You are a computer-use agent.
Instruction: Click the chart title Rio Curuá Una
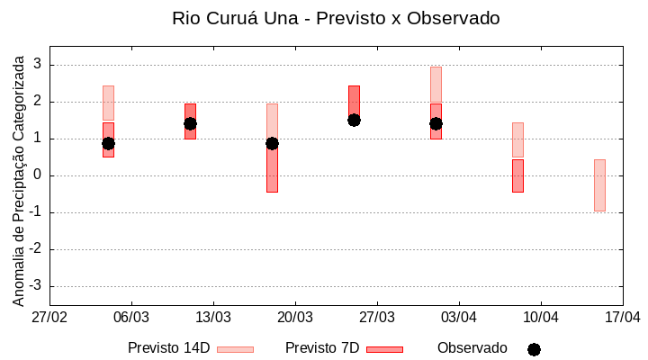336,18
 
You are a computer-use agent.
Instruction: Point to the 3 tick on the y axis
39,65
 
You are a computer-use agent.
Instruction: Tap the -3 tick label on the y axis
36,286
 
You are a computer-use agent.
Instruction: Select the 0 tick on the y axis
39,175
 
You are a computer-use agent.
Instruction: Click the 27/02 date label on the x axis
49,318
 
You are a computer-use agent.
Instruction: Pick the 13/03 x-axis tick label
213,318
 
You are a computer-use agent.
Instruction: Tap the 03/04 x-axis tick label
459,318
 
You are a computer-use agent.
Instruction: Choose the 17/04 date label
623,318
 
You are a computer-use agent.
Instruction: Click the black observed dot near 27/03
354,120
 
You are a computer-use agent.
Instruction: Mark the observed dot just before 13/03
190,123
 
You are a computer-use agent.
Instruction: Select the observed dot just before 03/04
436,123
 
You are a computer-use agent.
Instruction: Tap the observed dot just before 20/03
272,143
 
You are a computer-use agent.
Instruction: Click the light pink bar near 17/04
599,184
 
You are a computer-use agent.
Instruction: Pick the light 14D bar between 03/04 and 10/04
517,139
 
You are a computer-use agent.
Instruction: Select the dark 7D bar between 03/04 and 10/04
517,175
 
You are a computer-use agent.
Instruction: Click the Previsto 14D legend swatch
235,349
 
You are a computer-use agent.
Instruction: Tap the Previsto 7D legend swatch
384,349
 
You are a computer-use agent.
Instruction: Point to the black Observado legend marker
534,349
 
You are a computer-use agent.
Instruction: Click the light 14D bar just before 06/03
108,103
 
